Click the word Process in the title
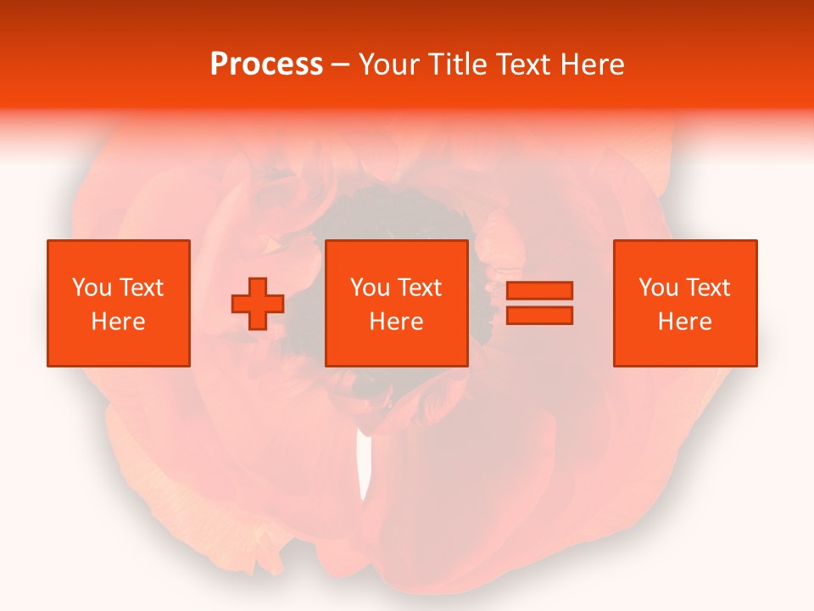(x=266, y=64)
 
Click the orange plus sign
(x=258, y=304)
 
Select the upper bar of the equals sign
(x=539, y=290)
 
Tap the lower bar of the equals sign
(x=539, y=315)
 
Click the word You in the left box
(x=91, y=288)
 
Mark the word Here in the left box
(x=118, y=322)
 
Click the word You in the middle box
(x=370, y=288)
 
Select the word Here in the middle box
(x=396, y=322)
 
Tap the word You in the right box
(x=658, y=288)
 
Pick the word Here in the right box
(x=684, y=322)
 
